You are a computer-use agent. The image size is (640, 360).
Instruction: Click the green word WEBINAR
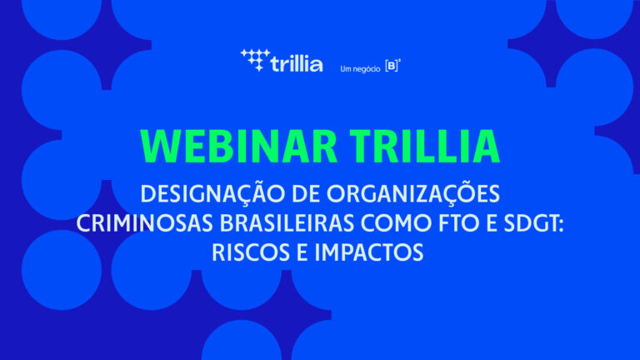tap(239, 147)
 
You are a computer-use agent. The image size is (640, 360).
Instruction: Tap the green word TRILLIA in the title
tap(425, 147)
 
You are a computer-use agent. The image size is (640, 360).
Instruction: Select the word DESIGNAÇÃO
tap(212, 193)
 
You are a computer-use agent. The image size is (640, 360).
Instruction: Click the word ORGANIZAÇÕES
tap(413, 193)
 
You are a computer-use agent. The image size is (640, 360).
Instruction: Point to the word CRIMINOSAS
tap(144, 223)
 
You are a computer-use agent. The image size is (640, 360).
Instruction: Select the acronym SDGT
tap(530, 223)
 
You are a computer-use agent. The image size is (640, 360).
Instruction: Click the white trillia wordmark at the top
tap(297, 64)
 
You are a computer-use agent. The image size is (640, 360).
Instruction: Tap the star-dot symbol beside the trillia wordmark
tap(255, 60)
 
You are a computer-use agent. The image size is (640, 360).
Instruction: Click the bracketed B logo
tap(392, 66)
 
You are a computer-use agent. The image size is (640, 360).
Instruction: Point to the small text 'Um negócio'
tap(360, 69)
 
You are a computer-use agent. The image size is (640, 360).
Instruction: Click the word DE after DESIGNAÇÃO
tap(305, 194)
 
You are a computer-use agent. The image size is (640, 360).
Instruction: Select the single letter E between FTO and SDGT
tap(492, 223)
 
